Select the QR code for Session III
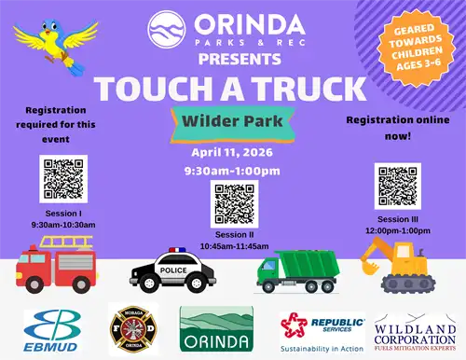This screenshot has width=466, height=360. pos(398,186)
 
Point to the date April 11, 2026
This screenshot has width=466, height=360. pos(232,153)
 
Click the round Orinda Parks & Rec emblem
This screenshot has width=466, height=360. pos(166,28)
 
